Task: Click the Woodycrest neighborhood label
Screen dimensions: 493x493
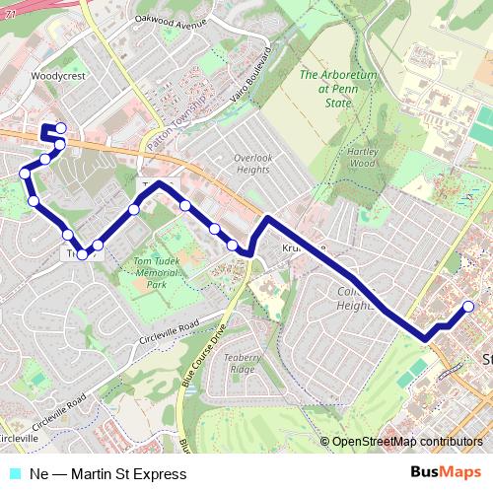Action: (53, 74)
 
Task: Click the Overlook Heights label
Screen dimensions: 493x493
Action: (252, 163)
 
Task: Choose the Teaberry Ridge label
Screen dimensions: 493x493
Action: (242, 362)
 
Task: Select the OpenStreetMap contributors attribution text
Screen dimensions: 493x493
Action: (407, 442)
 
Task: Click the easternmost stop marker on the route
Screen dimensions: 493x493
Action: (469, 307)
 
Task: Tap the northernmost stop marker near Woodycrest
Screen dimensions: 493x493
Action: (61, 127)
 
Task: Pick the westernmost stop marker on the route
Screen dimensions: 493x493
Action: (25, 175)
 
